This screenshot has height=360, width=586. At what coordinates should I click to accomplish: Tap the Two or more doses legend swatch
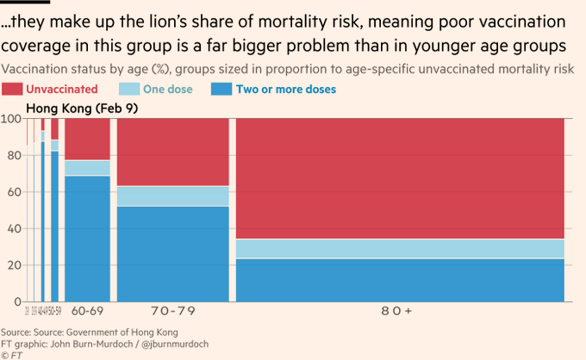pyautogui.click(x=222, y=89)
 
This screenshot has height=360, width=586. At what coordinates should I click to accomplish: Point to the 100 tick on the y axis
pyautogui.click(x=13, y=119)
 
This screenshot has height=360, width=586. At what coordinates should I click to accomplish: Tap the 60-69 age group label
pyautogui.click(x=87, y=311)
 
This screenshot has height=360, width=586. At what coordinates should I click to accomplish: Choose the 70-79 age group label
pyautogui.click(x=172, y=311)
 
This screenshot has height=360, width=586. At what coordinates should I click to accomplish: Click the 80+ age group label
pyautogui.click(x=400, y=311)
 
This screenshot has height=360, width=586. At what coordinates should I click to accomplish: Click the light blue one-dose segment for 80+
pyautogui.click(x=400, y=249)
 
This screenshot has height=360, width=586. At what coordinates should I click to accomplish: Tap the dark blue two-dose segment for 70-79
pyautogui.click(x=172, y=254)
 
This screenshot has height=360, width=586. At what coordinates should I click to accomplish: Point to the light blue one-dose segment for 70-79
pyautogui.click(x=172, y=196)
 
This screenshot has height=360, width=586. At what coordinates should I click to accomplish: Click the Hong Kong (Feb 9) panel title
pyautogui.click(x=76, y=109)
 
